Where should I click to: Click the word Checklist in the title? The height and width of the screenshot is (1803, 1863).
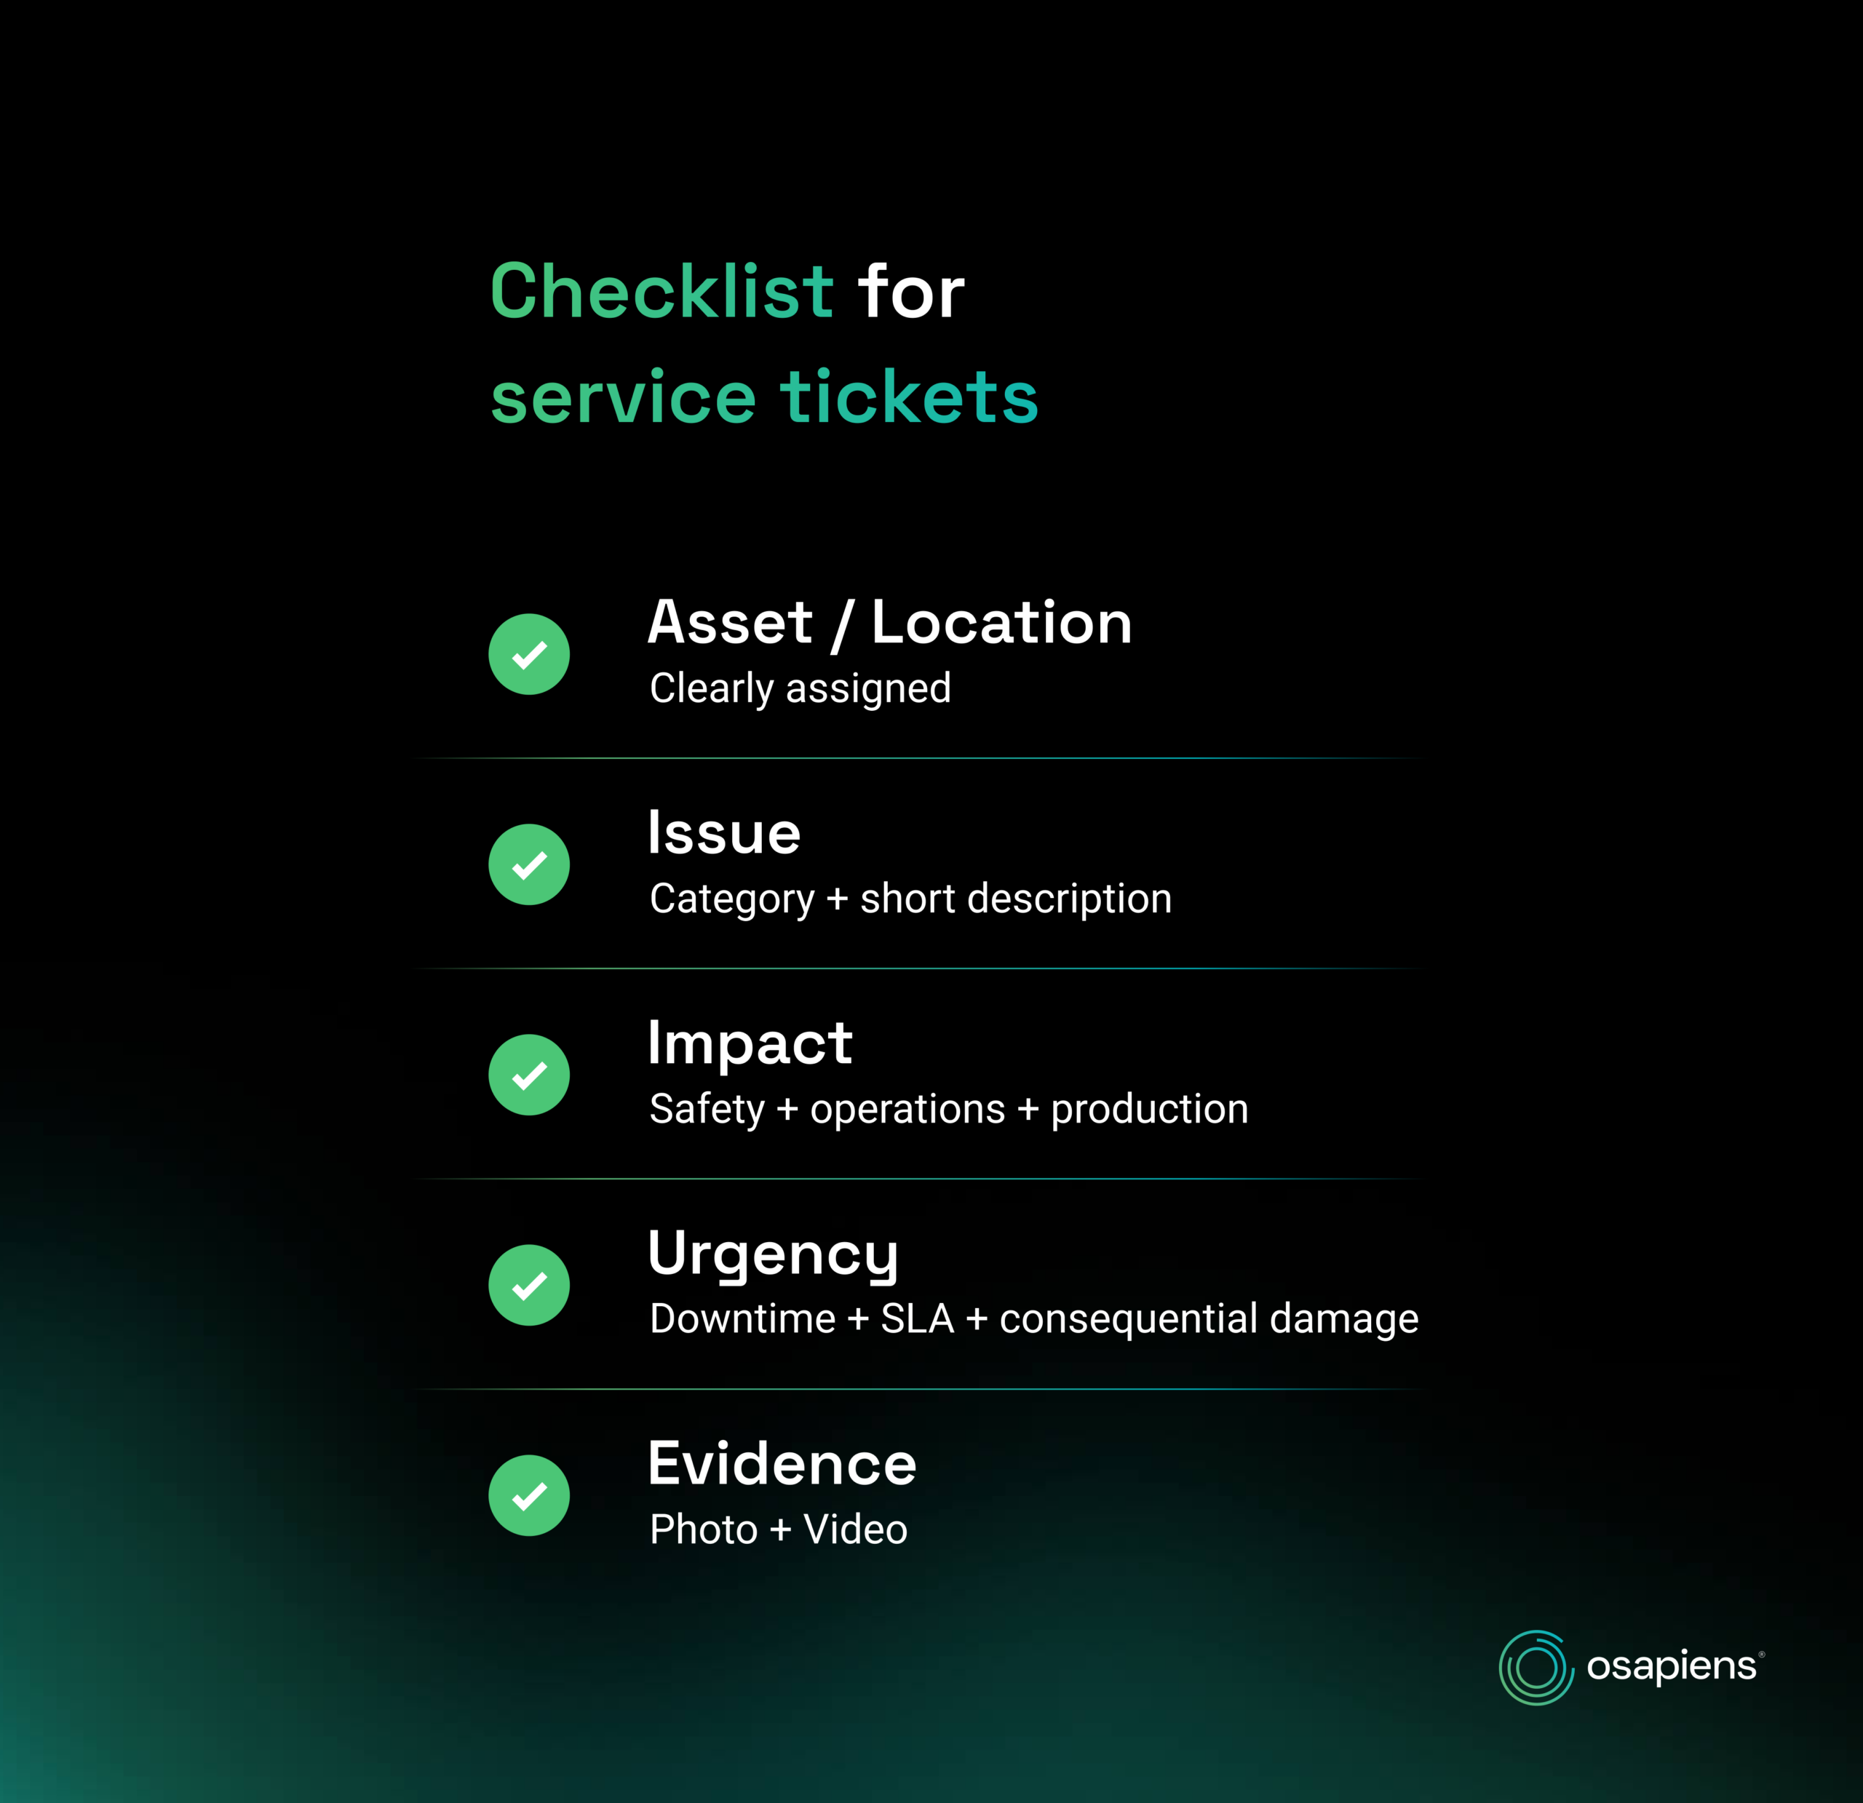tap(662, 291)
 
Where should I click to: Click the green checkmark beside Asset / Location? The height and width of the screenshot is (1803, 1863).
tap(530, 654)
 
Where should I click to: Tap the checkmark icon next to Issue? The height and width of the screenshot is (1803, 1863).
tap(530, 864)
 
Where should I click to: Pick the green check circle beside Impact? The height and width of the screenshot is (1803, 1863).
tap(530, 1074)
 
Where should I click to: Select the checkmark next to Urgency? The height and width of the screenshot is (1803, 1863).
tap(530, 1285)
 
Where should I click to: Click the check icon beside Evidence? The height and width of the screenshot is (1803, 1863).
tap(530, 1495)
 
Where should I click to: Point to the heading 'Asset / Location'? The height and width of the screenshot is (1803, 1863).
tap(890, 624)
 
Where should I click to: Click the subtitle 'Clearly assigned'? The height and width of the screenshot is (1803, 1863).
tap(801, 689)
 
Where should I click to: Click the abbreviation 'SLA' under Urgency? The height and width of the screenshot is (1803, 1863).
tap(917, 1319)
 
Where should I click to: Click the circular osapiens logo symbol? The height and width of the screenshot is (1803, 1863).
tap(1536, 1667)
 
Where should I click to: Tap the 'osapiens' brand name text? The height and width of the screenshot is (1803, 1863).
tap(1672, 1667)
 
